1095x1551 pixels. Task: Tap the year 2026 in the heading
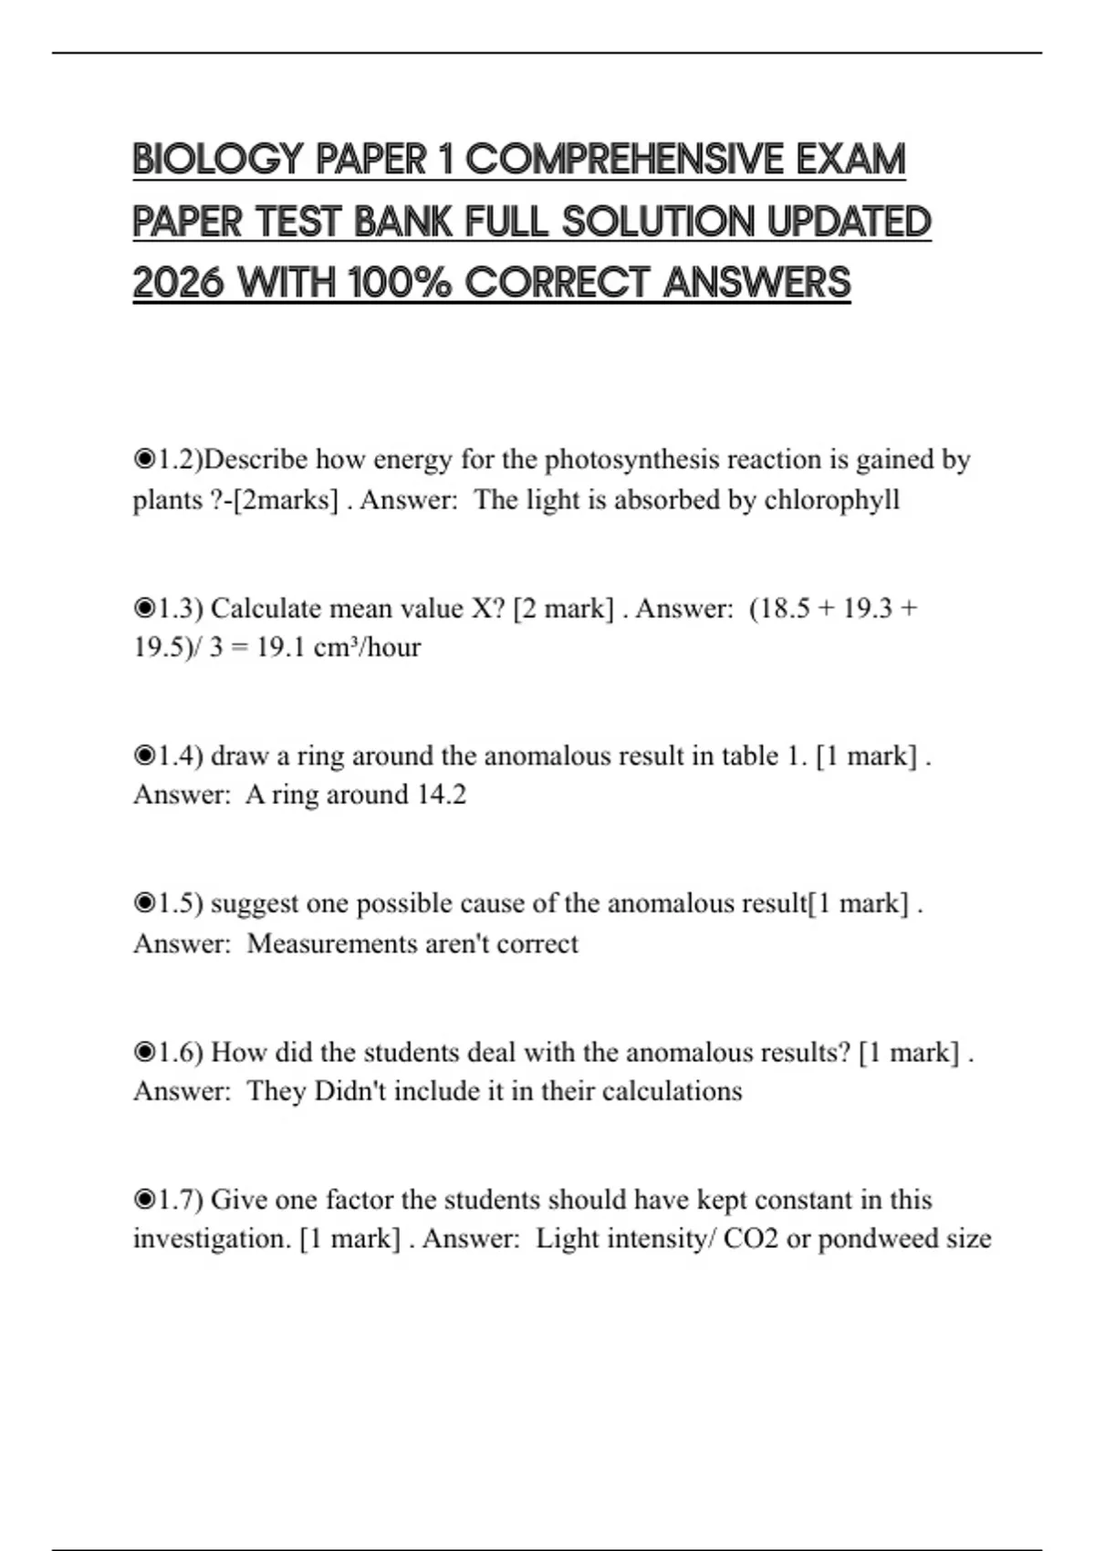point(179,283)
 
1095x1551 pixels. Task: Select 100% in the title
point(399,283)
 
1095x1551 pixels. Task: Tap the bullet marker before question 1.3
point(144,608)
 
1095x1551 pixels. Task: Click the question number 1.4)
point(181,756)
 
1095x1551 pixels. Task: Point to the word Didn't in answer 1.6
point(350,1091)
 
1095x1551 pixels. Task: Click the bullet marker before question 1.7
point(144,1199)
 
